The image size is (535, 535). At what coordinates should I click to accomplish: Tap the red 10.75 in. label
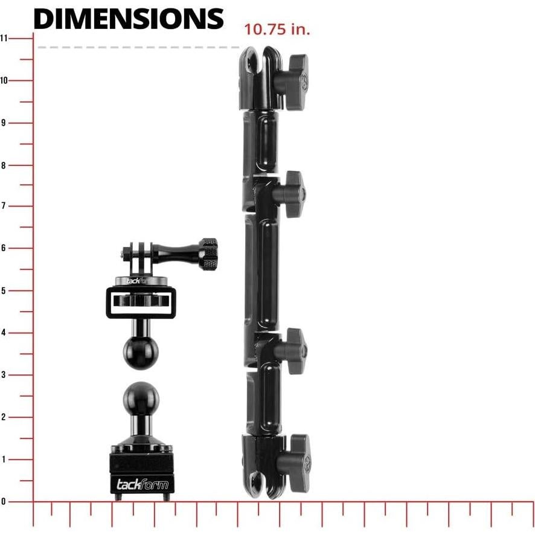[277, 30]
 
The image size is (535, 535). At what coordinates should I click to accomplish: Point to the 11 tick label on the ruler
[4, 38]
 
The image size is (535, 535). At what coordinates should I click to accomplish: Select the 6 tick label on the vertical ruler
[4, 248]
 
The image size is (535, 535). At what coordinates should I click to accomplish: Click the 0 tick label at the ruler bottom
[4, 501]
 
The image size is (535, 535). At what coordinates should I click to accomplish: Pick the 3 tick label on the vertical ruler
[4, 374]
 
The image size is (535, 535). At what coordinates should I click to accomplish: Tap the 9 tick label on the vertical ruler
[4, 123]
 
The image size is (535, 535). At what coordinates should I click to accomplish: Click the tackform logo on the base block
[142, 484]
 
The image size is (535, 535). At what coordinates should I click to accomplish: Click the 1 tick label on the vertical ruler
[4, 459]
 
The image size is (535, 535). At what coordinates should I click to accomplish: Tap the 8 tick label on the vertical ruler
[4, 165]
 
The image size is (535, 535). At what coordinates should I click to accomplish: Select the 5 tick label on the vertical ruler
[4, 290]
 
